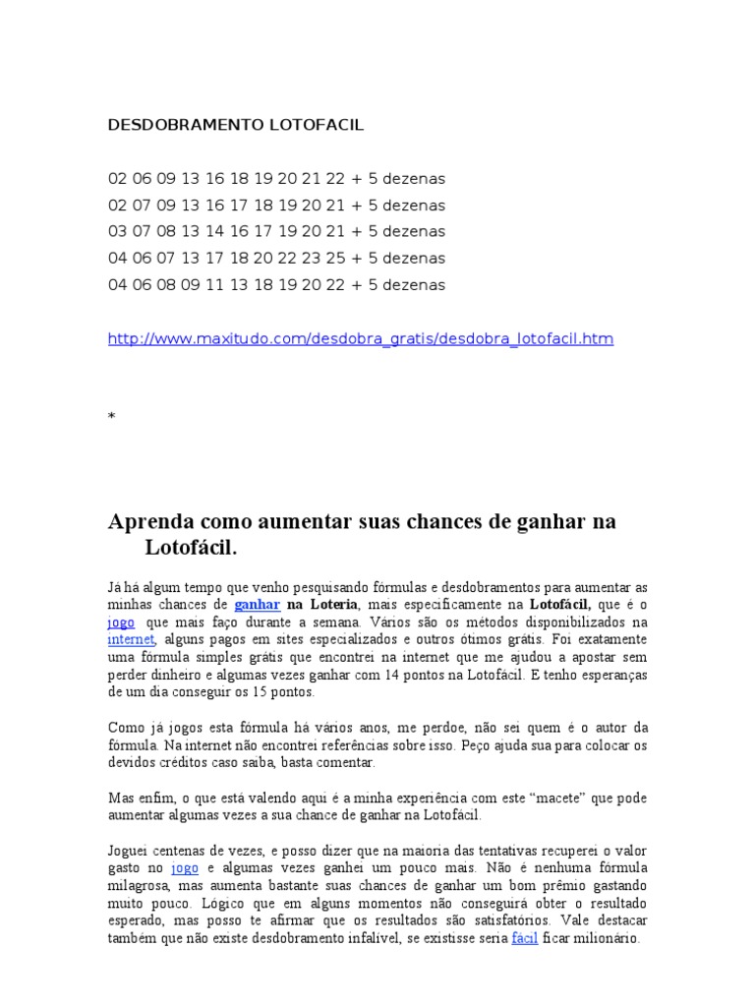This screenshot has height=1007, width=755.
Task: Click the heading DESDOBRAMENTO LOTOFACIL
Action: pyautogui.click(x=235, y=126)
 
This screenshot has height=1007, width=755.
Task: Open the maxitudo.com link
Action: pyautogui.click(x=360, y=339)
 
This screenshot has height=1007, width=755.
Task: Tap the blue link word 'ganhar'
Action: pyautogui.click(x=258, y=604)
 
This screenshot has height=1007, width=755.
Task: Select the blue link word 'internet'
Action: pyautogui.click(x=131, y=639)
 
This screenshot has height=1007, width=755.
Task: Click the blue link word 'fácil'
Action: pyautogui.click(x=525, y=938)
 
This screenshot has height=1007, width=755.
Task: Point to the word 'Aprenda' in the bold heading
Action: pyautogui.click(x=152, y=521)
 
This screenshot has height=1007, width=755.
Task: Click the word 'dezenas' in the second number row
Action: pyautogui.click(x=416, y=206)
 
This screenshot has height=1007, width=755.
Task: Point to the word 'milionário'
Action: pyautogui.click(x=607, y=938)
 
